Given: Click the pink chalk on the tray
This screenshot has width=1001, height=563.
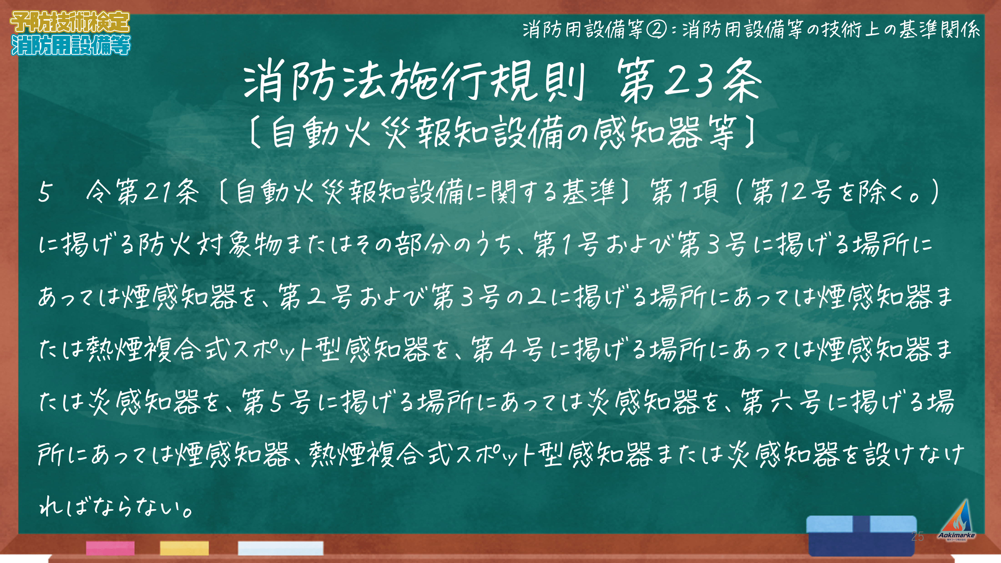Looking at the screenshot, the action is click(x=110, y=548).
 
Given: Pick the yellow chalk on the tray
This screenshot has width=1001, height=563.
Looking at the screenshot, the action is click(x=184, y=548).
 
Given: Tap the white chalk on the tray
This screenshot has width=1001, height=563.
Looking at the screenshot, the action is click(x=281, y=548).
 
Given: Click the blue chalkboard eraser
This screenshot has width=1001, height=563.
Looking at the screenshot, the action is click(x=862, y=536).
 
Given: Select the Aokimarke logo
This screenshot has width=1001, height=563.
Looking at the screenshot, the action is click(x=957, y=521).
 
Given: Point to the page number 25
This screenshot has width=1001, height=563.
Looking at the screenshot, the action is click(x=918, y=537).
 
